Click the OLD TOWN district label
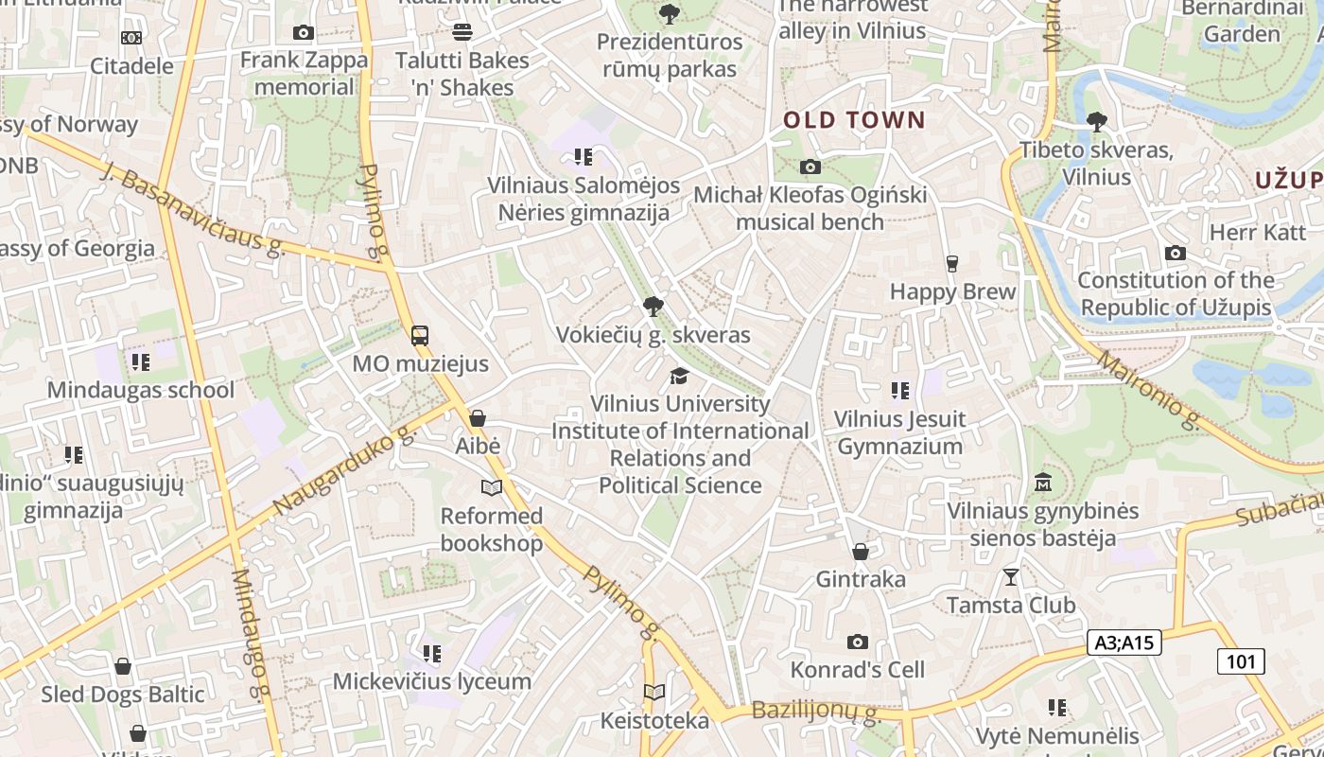854,120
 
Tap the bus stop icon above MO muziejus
420,336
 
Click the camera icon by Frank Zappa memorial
304,33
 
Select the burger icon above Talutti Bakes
462,32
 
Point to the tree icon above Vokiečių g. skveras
653,307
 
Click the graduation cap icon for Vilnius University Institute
679,377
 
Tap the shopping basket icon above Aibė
478,418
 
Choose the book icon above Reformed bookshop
491,488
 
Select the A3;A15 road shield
1124,643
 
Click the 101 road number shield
1240,661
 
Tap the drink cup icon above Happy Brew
952,264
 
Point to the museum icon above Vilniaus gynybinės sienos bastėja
1043,483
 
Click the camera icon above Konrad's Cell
858,643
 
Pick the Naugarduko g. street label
345,470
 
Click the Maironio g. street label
1149,389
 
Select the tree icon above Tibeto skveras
1097,122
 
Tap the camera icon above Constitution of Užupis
1176,253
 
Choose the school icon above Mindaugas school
141,362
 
